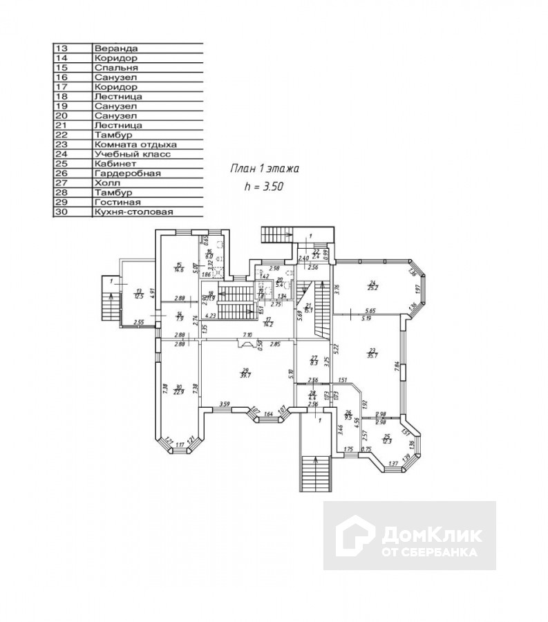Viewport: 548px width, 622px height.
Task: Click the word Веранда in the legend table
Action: point(115,48)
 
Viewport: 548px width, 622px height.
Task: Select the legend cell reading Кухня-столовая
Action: point(133,212)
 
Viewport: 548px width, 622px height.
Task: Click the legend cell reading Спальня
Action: point(117,68)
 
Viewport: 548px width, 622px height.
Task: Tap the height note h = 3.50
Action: point(264,186)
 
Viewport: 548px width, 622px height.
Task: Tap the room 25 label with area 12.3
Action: point(387,438)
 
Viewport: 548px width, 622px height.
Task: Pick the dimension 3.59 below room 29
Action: point(224,404)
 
